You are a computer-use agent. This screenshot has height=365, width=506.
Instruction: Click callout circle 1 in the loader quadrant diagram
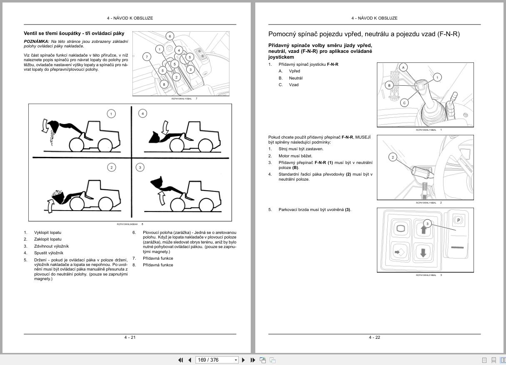(111, 114)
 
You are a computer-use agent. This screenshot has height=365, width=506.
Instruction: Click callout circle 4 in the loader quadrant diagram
(143, 114)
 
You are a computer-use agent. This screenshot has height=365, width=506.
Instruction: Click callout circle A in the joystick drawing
(403, 67)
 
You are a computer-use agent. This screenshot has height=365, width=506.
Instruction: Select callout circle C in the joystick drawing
(404, 102)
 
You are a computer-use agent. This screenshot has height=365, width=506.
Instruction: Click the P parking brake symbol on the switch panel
(458, 220)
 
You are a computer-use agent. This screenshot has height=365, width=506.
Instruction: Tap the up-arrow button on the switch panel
(423, 229)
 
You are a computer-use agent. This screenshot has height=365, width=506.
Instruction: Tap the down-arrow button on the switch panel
(423, 252)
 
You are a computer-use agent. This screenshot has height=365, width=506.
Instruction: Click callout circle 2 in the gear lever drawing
(393, 157)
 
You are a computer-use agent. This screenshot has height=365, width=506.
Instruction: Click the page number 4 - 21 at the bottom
(130, 337)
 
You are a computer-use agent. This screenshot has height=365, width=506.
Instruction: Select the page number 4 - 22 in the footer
(374, 337)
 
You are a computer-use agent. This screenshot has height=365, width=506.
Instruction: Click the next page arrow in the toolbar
(244, 360)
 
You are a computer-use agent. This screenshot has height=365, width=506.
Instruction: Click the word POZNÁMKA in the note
(36, 42)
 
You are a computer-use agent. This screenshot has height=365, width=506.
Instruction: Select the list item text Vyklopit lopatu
(47, 233)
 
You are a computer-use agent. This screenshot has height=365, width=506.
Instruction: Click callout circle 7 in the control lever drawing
(147, 57)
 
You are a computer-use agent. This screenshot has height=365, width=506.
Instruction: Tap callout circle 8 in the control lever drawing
(164, 84)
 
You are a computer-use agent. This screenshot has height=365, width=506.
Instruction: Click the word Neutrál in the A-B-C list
(296, 78)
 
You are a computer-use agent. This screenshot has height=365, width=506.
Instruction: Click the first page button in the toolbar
(181, 360)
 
